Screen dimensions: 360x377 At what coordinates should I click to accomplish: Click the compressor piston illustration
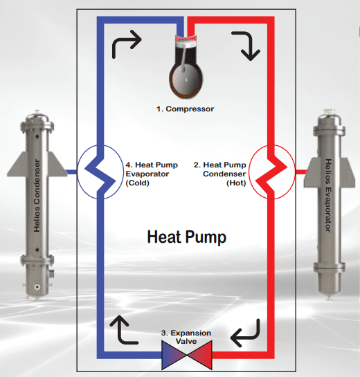[x=186, y=66]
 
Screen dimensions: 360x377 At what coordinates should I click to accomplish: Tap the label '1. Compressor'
[x=185, y=109]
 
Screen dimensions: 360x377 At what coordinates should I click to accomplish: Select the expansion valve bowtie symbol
[x=187, y=355]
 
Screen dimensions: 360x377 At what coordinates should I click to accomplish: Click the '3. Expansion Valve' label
[x=186, y=337]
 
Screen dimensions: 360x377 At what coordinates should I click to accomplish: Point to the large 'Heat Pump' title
[x=187, y=237]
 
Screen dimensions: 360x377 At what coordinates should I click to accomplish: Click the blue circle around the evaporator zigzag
[x=78, y=172]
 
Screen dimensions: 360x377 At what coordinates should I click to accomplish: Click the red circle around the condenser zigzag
[x=295, y=172]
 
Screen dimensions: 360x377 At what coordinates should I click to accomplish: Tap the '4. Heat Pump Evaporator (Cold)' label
[x=152, y=174]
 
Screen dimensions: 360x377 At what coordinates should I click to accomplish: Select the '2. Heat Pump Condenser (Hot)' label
[x=219, y=174]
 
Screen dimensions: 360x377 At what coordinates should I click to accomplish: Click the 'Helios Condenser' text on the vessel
[x=37, y=196]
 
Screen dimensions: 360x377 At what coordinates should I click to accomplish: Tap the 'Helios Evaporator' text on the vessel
[x=328, y=196]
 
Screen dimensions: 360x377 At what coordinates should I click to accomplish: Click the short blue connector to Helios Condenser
[x=71, y=172]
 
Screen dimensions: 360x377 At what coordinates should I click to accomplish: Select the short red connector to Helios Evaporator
[x=301, y=172]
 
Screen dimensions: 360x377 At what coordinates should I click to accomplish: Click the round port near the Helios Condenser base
[x=37, y=287]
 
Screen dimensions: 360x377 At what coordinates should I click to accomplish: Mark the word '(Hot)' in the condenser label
[x=236, y=183]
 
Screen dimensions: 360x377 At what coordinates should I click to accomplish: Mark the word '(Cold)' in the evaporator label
[x=137, y=183]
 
